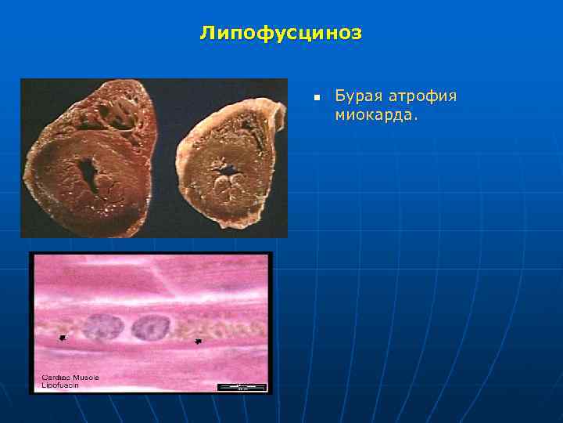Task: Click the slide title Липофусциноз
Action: [x=281, y=33]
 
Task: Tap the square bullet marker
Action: [x=317, y=98]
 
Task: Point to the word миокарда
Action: [x=377, y=115]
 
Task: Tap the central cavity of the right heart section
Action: [x=229, y=169]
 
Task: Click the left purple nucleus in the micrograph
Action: [x=99, y=327]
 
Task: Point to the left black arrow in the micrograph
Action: [x=63, y=338]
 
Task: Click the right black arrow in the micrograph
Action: [x=199, y=342]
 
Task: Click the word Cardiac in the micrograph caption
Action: [x=55, y=378]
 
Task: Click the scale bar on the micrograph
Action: [x=242, y=386]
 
